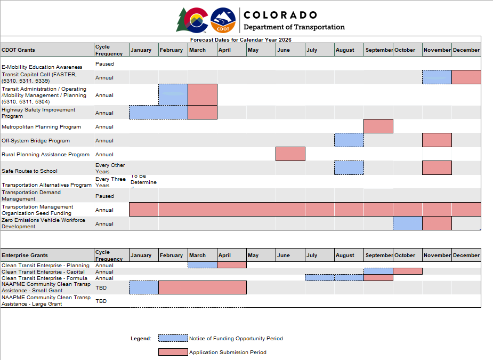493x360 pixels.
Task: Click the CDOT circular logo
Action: click(223, 20)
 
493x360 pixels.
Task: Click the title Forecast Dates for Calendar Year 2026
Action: click(241, 39)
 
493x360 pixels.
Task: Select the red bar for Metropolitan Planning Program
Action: click(378, 126)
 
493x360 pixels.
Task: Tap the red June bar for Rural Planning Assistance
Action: click(290, 154)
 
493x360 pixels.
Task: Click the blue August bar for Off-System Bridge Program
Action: click(349, 140)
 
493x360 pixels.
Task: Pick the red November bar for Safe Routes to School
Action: click(437, 168)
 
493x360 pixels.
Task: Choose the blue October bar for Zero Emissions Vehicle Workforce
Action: click(408, 223)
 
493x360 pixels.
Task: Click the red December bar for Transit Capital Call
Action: click(466, 77)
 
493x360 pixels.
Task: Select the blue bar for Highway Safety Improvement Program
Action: click(158, 113)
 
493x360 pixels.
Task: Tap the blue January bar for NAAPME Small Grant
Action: click(144, 287)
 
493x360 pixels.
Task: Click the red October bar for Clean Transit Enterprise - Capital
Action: click(408, 271)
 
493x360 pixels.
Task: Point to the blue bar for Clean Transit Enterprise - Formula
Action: click(334, 277)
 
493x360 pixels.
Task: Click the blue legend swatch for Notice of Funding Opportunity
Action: click(173, 338)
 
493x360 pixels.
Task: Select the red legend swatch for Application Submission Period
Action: click(173, 352)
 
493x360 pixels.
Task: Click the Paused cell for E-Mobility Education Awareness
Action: click(104, 64)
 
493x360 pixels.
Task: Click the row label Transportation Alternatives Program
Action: click(46, 185)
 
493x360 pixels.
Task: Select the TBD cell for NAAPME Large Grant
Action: click(101, 301)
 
